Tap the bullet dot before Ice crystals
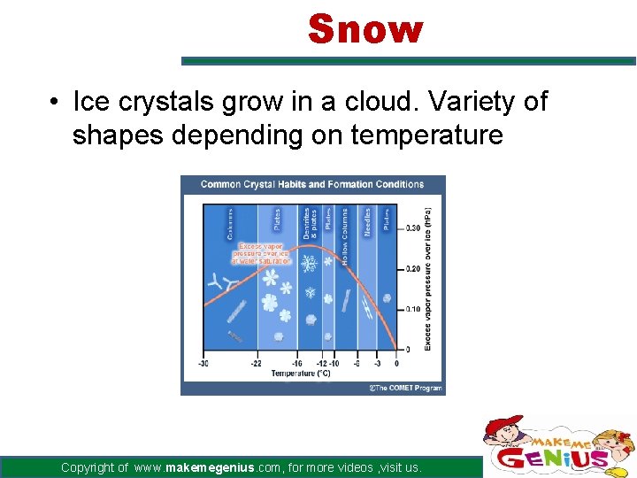pyautogui.click(x=55, y=103)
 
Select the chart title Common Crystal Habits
pyautogui.click(x=311, y=184)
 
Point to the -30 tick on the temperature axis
pyautogui.click(x=203, y=363)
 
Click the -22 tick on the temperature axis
pyautogui.click(x=256, y=363)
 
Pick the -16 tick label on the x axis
pyautogui.click(x=296, y=363)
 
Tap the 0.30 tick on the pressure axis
pyautogui.click(x=412, y=228)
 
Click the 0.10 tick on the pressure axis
pyautogui.click(x=412, y=309)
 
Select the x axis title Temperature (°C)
pyautogui.click(x=300, y=373)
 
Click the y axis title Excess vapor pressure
pyautogui.click(x=428, y=279)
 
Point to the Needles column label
pyautogui.click(x=367, y=221)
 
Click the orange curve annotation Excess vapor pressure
pyautogui.click(x=261, y=253)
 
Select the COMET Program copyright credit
pyautogui.click(x=405, y=388)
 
